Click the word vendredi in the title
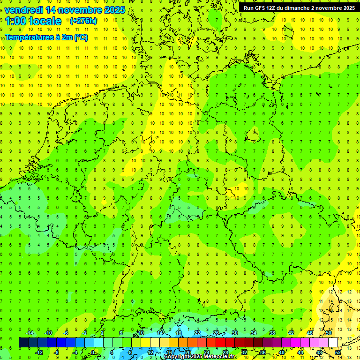[x=26, y=10]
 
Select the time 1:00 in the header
[x=15, y=21]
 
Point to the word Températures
[x=28, y=37]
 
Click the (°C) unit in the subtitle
[x=81, y=37]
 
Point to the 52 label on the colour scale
[x=337, y=352]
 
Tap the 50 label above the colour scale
[x=328, y=333]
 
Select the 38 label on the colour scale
[x=272, y=333]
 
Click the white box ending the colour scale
[x=333, y=343]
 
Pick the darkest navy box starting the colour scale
[x=23, y=343]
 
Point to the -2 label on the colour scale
[x=85, y=333]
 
